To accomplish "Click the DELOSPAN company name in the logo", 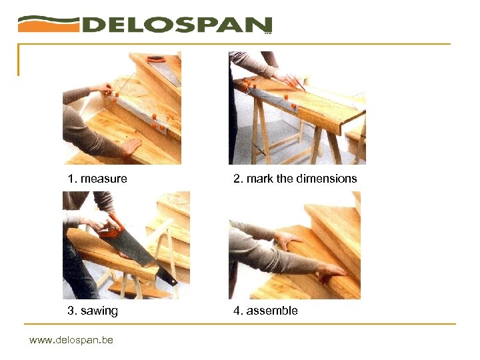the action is (177, 25).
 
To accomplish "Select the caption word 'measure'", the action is (104, 179).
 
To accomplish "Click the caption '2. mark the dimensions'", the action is (295, 179).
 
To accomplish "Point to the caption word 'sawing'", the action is (99, 311).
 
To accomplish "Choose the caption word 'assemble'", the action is (272, 311).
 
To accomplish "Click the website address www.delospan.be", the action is (71, 340).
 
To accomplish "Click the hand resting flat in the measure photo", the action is (131, 146).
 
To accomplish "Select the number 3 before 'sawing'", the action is (71, 311).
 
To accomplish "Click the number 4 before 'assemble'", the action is (237, 311).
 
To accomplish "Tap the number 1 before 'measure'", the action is (71, 179).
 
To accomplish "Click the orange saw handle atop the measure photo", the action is (156, 59).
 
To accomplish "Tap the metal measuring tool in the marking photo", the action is (273, 99).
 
